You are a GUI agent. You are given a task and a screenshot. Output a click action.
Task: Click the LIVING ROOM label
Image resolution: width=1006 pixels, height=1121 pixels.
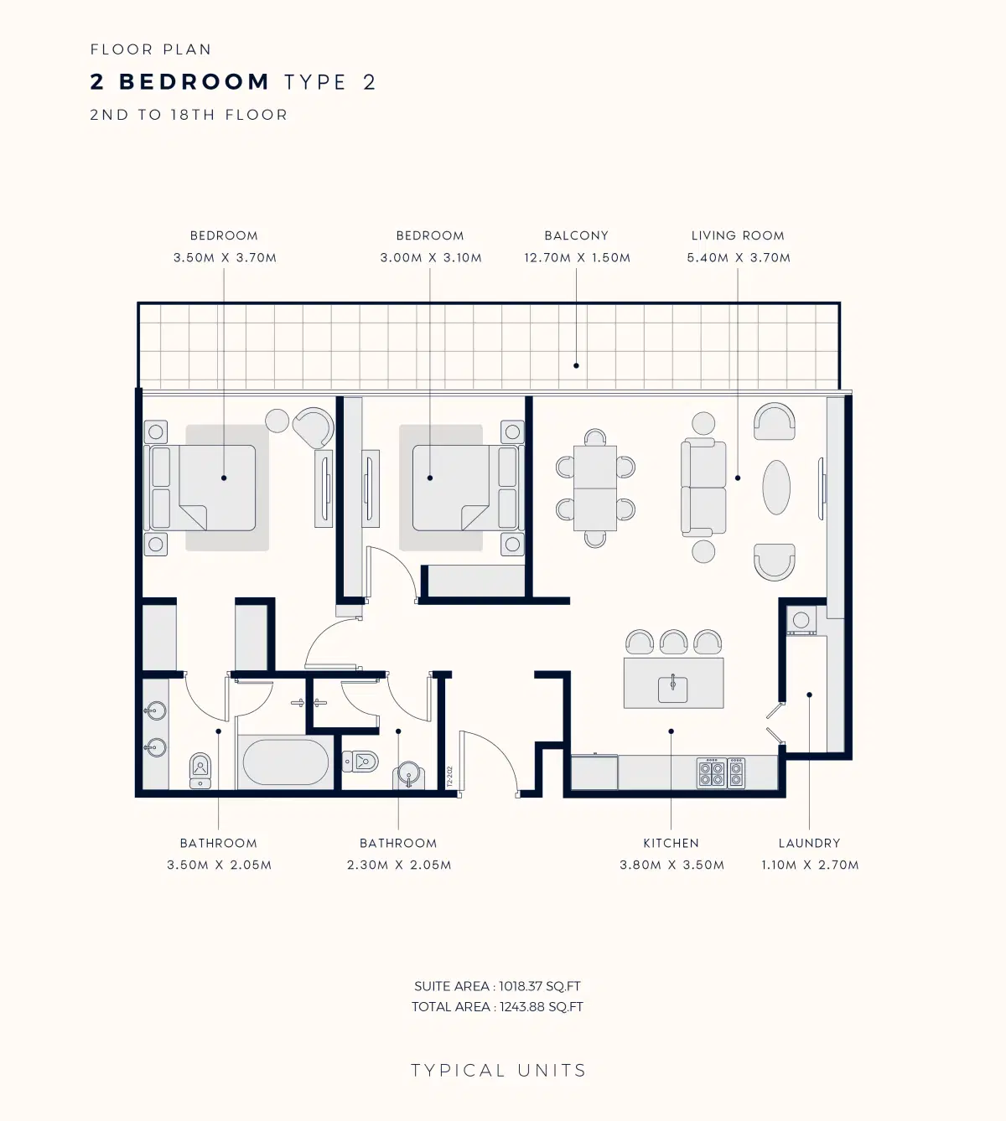pos(738,235)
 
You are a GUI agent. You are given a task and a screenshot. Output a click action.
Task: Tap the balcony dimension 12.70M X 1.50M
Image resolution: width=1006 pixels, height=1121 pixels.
pos(577,258)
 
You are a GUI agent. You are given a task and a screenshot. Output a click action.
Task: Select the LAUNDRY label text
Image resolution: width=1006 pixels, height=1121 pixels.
pos(809,843)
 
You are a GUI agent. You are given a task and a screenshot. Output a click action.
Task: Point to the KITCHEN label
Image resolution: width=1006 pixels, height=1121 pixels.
pos(671,843)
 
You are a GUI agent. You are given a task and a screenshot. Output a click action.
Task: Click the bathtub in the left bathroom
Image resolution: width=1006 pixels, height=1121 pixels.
pos(285,762)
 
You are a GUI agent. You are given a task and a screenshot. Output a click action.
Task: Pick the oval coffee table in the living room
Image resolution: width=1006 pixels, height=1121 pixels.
pos(776,488)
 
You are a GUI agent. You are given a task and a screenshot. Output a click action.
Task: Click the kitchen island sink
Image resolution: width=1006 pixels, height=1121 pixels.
pos(672,689)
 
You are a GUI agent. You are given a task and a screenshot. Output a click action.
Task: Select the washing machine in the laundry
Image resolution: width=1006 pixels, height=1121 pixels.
pos(801,620)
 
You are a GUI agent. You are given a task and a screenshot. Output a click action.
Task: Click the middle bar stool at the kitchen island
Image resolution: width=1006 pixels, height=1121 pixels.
pos(673,643)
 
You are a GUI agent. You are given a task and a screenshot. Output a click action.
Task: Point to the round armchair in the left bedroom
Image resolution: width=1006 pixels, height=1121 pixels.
pos(314,428)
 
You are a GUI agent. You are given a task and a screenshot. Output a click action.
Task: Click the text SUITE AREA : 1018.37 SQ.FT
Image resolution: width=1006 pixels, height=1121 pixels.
pos(497,986)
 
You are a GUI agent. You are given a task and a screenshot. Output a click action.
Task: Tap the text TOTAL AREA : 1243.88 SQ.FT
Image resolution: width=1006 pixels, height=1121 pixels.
pos(497,1007)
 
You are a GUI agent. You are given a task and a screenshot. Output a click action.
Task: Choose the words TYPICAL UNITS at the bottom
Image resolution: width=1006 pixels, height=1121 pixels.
pos(498,1071)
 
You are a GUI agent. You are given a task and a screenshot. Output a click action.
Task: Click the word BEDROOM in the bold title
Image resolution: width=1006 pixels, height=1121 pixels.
pos(194,82)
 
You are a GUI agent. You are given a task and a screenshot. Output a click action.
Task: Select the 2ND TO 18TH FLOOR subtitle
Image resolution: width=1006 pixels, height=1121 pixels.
pos(189,115)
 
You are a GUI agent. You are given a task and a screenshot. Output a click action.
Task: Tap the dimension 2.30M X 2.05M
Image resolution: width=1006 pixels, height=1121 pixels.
pos(399,865)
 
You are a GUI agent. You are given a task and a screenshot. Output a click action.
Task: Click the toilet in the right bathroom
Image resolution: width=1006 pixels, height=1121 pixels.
pos(360,762)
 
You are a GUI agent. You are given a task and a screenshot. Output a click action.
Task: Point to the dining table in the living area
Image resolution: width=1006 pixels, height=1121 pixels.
pos(595,488)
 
